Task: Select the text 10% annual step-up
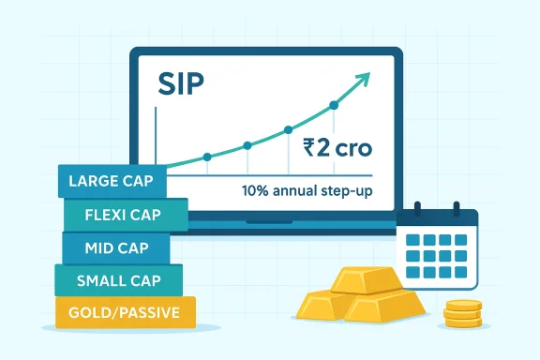[x=304, y=190]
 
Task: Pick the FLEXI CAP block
[x=125, y=214]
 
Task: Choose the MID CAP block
[x=114, y=247]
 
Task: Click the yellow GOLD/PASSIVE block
[x=125, y=312]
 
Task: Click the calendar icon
[x=437, y=246]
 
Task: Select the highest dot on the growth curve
[x=333, y=105]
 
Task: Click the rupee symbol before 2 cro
[x=310, y=147]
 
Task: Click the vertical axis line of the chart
[x=157, y=141]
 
